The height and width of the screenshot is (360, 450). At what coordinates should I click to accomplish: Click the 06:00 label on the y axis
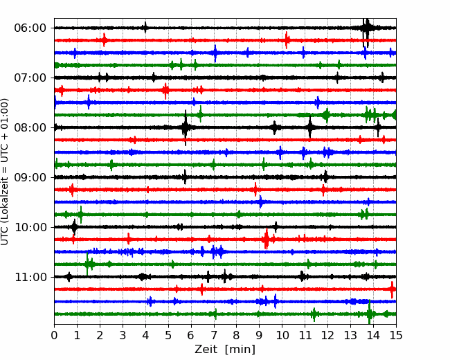point(30,28)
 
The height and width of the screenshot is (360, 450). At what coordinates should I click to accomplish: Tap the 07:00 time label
point(30,78)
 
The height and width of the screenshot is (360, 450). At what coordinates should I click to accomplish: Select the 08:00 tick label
point(30,127)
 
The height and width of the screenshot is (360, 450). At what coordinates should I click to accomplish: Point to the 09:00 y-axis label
point(30,177)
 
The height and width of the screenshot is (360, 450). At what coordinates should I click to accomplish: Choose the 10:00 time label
point(30,227)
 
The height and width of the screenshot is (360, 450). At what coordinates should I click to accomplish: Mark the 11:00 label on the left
point(30,277)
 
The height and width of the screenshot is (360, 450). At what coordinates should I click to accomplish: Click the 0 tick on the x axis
point(54,335)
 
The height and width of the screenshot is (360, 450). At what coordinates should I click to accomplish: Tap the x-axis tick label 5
point(168,335)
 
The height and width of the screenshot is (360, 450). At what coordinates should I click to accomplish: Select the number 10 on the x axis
point(282,335)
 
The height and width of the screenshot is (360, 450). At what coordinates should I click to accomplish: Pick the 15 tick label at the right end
point(396,335)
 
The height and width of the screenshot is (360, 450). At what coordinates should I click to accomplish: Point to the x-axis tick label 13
point(350,335)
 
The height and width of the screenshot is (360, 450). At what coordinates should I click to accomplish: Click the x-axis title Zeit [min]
point(225,350)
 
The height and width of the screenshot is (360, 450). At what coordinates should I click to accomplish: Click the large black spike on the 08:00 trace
point(186,127)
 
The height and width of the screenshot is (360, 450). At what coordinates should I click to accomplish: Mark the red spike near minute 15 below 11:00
point(393,289)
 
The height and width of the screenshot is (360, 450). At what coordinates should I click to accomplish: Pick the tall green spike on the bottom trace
point(370,312)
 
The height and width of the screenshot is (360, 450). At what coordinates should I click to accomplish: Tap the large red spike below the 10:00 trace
point(267,239)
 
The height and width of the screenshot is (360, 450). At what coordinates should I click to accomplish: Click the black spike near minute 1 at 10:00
point(74,227)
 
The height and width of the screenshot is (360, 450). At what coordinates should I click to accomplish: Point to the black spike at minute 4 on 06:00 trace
point(145,28)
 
